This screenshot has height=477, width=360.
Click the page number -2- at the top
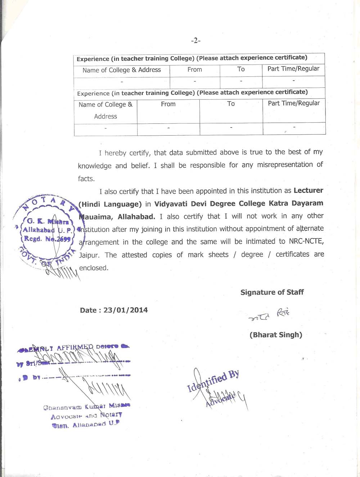195,41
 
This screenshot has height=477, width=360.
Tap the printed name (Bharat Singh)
276,335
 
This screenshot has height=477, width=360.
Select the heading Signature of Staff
272,292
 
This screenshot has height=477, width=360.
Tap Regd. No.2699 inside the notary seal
47,239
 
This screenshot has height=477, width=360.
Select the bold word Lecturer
308,190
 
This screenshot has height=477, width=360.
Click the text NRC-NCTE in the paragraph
306,241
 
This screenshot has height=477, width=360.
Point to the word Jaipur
90,255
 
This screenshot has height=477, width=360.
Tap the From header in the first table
194,69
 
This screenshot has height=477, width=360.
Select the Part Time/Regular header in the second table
294,103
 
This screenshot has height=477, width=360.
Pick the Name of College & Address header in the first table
121,70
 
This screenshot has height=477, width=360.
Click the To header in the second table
231,104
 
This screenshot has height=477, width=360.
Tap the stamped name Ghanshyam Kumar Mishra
86,407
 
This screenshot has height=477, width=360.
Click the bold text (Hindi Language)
110,204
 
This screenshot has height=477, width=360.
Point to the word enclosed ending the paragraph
94,268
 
